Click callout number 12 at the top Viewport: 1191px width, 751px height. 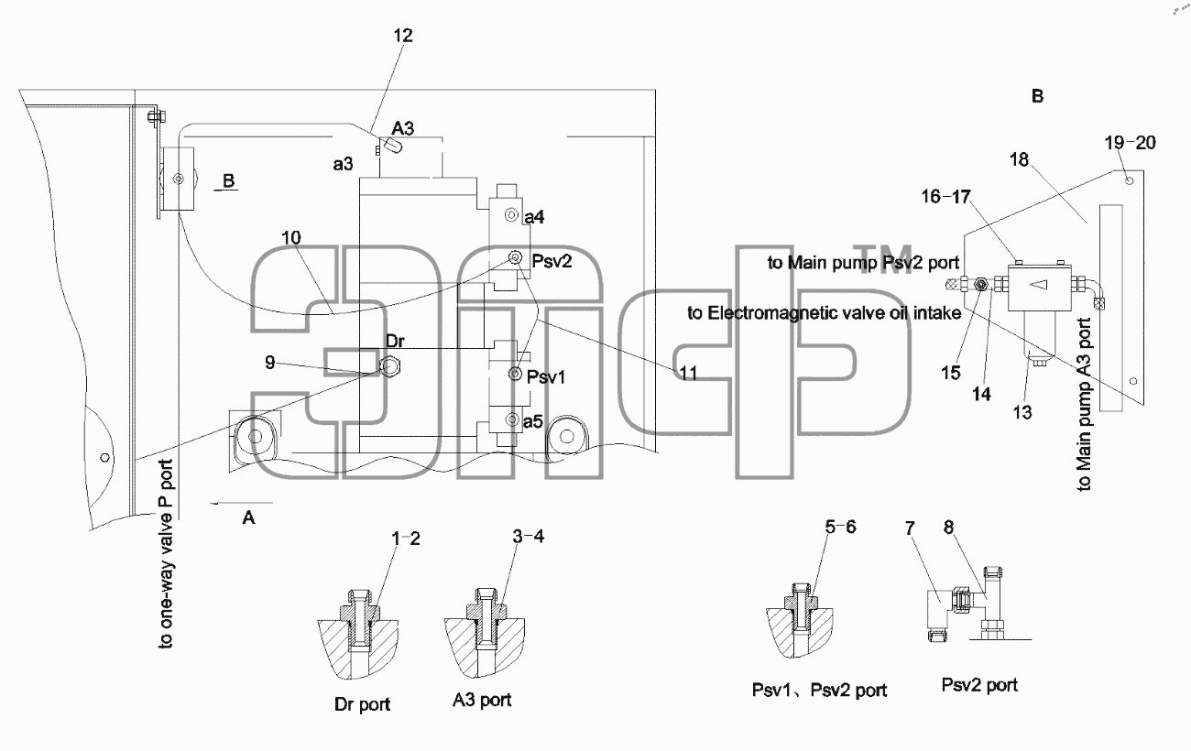click(403, 36)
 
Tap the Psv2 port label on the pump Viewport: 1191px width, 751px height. click(552, 261)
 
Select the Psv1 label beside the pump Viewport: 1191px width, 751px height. click(546, 377)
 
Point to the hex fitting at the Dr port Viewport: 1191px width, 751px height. click(391, 366)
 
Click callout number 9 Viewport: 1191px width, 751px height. click(270, 363)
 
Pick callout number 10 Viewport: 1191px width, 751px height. click(290, 237)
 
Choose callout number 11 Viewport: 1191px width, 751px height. click(688, 373)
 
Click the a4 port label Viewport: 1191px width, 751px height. click(534, 217)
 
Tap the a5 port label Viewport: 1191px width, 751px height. click(533, 421)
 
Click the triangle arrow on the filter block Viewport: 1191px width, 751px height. click(1038, 285)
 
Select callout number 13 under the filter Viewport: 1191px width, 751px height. click(1022, 412)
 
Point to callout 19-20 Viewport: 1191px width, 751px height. click(1130, 143)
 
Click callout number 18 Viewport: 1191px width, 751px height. click(1019, 159)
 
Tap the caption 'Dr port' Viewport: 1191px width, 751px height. click(362, 704)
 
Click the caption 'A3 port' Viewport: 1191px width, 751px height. click(482, 700)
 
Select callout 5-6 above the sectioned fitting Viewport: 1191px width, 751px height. click(841, 527)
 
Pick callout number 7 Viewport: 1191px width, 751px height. click(910, 528)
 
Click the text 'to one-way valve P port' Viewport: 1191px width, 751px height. click(166, 554)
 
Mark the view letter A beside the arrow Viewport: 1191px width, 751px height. click(248, 517)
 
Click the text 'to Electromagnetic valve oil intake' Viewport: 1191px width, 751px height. click(825, 313)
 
